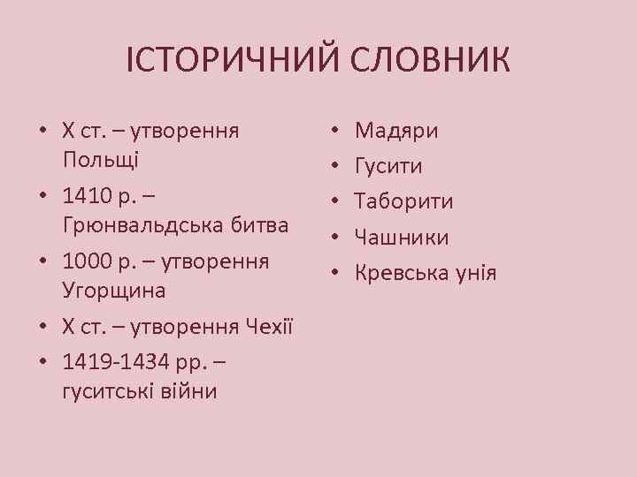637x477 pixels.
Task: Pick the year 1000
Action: coord(86,262)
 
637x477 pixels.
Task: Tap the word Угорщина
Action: coord(115,291)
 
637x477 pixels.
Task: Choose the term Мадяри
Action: coord(396,132)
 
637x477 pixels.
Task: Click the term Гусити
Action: coord(388,166)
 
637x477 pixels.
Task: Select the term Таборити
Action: coord(404,202)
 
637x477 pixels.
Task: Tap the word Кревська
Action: coord(400,273)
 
